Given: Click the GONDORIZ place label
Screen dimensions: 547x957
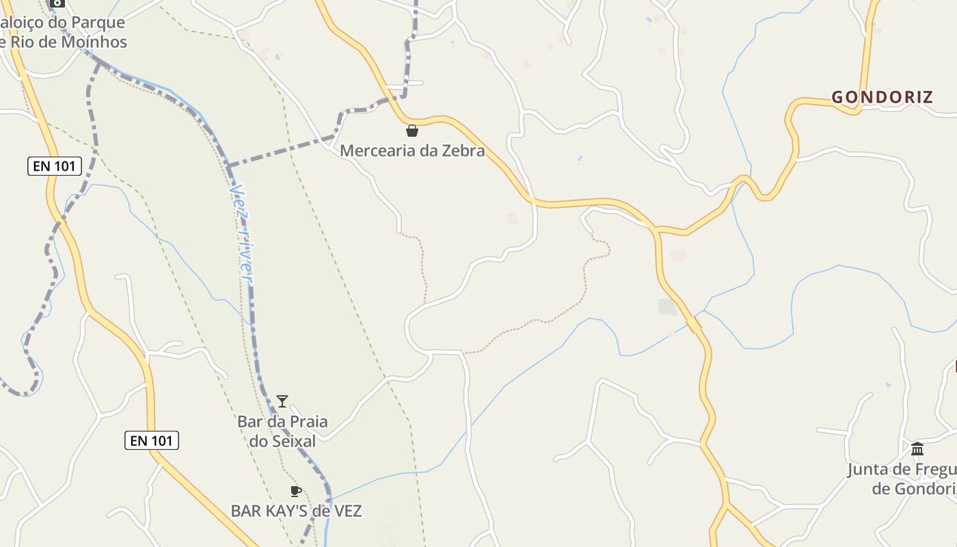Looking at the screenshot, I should pyautogui.click(x=882, y=97).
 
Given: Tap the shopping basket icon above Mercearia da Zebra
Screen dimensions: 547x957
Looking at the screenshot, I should pyautogui.click(x=412, y=131).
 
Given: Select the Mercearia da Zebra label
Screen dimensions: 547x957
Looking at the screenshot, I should pyautogui.click(x=412, y=150).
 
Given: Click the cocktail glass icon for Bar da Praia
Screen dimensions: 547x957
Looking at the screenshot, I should pyautogui.click(x=282, y=401).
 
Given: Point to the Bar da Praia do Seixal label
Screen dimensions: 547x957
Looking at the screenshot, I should pyautogui.click(x=282, y=431).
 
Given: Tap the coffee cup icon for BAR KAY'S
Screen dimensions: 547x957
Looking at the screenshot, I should pyautogui.click(x=296, y=491).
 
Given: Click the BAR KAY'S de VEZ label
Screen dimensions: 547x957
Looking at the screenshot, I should pyautogui.click(x=296, y=511).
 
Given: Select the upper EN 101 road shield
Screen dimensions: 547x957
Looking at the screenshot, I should pyautogui.click(x=55, y=165).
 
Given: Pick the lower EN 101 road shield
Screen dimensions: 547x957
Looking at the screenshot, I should pyautogui.click(x=152, y=440).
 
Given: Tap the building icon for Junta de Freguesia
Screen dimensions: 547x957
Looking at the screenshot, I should pyautogui.click(x=917, y=449).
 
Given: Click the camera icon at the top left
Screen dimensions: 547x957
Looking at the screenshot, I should pyautogui.click(x=57, y=3).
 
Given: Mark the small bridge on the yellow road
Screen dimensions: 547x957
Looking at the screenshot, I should pyautogui.click(x=695, y=323).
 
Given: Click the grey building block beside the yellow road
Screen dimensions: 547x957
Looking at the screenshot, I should pyautogui.click(x=668, y=307).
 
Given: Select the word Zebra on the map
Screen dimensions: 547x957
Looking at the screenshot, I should pyautogui.click(x=462, y=150).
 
